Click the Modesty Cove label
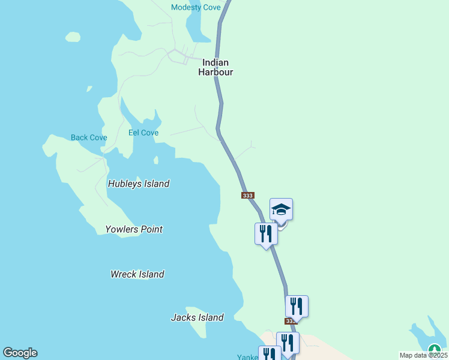[x=196, y=7]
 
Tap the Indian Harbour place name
[x=215, y=67]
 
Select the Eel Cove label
[x=143, y=133]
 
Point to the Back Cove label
[x=89, y=137]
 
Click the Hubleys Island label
[x=139, y=184]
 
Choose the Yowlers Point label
[x=134, y=229]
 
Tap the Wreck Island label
[x=137, y=274]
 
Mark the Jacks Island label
[x=197, y=317]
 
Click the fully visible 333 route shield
[x=248, y=196]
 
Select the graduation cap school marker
[x=281, y=210]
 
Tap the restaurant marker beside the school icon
[x=266, y=233]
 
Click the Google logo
[x=20, y=353]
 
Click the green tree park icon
[x=434, y=349]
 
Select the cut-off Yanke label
[x=247, y=357]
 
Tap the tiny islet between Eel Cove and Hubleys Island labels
[x=156, y=160]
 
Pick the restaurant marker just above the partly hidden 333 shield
[x=297, y=306]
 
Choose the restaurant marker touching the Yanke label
[x=269, y=354]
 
